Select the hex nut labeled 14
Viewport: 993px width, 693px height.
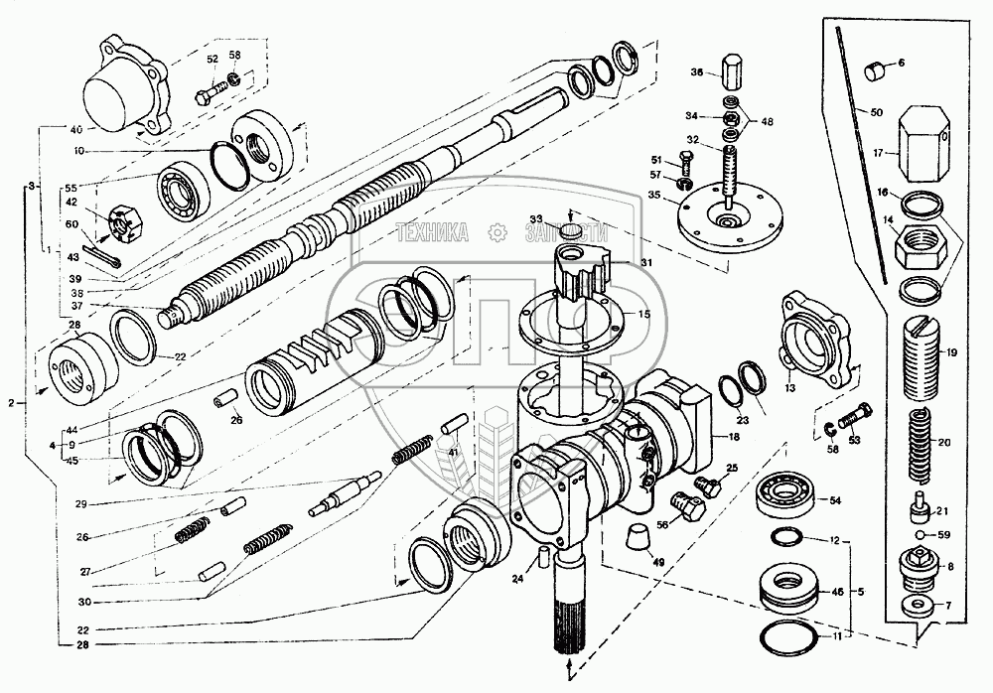click(922, 244)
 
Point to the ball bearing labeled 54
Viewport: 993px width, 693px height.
click(786, 494)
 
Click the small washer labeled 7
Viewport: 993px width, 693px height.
click(912, 606)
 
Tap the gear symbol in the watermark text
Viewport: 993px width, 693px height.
click(495, 234)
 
